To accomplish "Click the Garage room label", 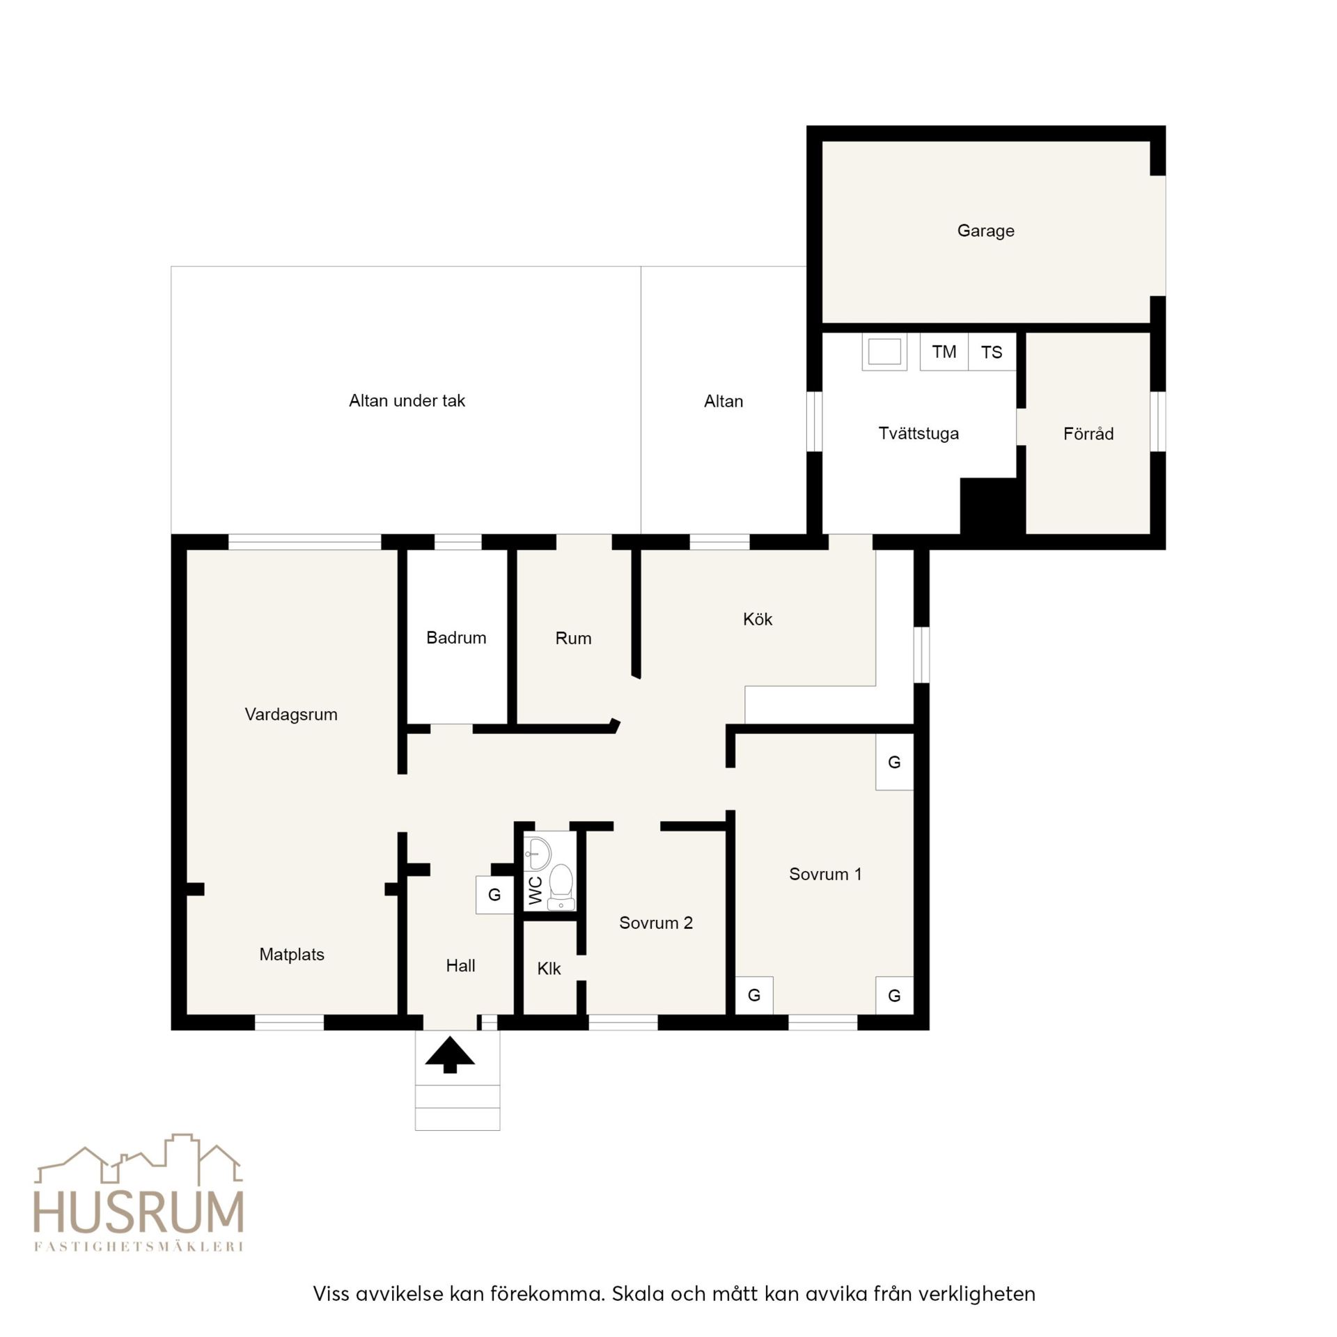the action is click(985, 230).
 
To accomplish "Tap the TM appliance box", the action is click(944, 352).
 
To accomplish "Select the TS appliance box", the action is click(992, 352).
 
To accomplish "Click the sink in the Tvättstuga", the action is click(884, 352).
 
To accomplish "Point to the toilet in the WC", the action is click(561, 886).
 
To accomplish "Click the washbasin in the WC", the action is click(537, 853).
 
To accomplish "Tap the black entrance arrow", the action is click(450, 1054).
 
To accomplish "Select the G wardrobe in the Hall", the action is click(494, 895).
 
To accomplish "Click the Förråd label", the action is click(1088, 434).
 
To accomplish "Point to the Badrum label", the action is click(456, 637).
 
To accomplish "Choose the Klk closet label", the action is click(549, 968).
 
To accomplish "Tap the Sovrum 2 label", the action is click(656, 923).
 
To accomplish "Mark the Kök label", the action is click(758, 619).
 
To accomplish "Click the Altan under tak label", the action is click(407, 400).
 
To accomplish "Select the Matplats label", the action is click(292, 955).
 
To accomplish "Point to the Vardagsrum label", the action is click(291, 714).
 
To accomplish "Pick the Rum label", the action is click(573, 638).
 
